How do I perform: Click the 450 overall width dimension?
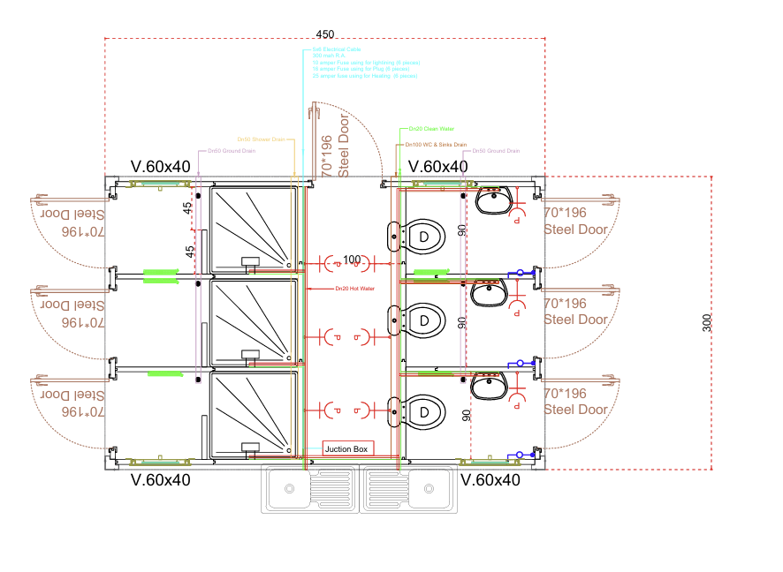326,34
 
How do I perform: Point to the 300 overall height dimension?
707,323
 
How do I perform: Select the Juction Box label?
349,449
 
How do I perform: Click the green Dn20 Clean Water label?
426,129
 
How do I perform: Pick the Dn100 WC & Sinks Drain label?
436,144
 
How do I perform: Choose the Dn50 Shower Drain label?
261,139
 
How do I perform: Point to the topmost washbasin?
493,199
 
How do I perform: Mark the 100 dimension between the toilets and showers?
352,260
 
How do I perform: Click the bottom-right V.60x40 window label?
490,480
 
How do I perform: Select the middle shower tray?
253,321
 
